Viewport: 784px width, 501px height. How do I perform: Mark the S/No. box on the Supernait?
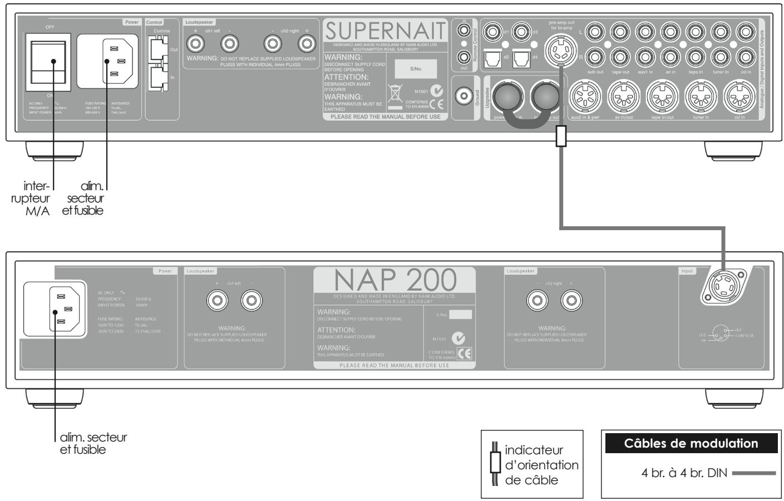coord(416,69)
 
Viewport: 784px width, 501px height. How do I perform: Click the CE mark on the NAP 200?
coord(464,354)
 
